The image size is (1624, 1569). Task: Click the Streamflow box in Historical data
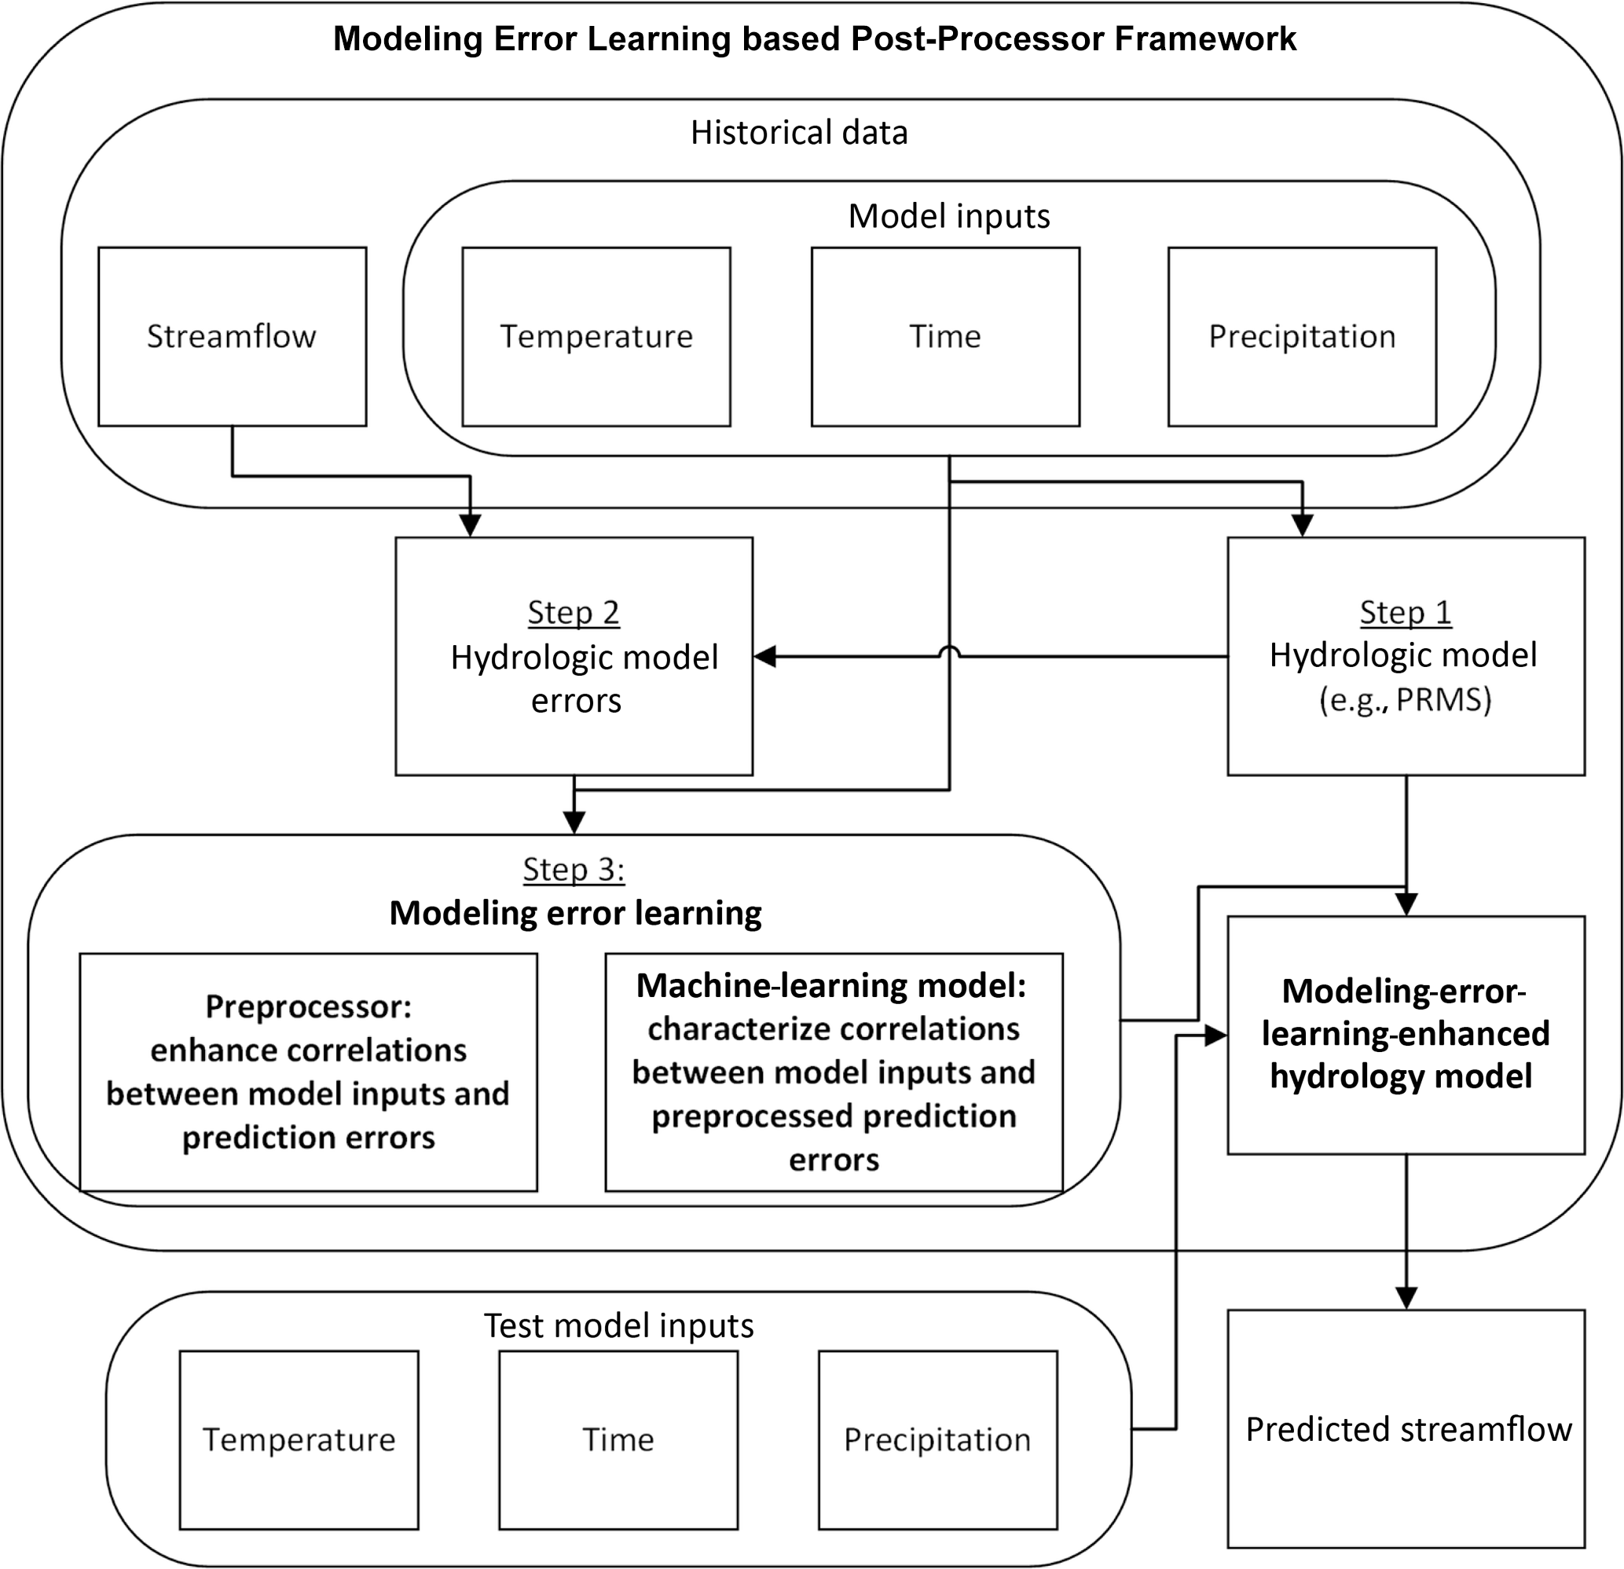pos(232,336)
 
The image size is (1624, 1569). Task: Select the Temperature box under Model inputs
pos(596,336)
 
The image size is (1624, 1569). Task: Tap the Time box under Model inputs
pos(944,336)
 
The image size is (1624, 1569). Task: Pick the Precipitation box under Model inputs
pos(1302,336)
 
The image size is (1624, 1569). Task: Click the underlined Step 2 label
pos(574,612)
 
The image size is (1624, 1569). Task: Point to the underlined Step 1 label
pos(1406,612)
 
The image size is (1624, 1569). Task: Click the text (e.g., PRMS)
pos(1406,700)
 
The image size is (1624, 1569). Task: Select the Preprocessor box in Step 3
pos(308,1072)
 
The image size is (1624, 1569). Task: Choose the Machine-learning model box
pos(834,1072)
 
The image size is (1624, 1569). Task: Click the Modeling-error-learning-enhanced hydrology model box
pos(1406,1034)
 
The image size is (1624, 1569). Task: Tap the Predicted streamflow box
pos(1406,1429)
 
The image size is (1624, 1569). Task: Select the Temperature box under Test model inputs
pos(299,1440)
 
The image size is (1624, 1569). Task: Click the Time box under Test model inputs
pos(618,1440)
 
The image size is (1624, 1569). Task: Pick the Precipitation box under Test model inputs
pos(937,1440)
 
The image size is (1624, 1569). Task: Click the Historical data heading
pos(799,133)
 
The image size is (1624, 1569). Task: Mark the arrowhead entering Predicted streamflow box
pos(1406,1298)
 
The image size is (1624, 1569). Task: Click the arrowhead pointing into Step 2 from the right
pos(764,657)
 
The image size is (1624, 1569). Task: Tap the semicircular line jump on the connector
pos(949,652)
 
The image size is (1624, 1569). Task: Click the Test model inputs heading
pos(618,1326)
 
